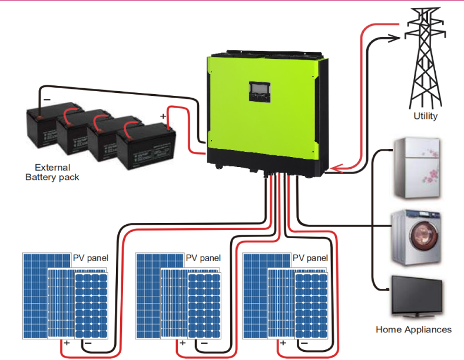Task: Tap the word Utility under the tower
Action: (425, 116)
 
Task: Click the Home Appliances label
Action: (413, 329)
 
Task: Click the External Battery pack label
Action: (52, 172)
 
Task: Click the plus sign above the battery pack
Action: (163, 116)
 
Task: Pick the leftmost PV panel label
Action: (91, 258)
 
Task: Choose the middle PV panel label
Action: (203, 258)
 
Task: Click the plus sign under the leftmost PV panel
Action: (67, 342)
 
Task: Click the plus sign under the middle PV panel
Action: (182, 342)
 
